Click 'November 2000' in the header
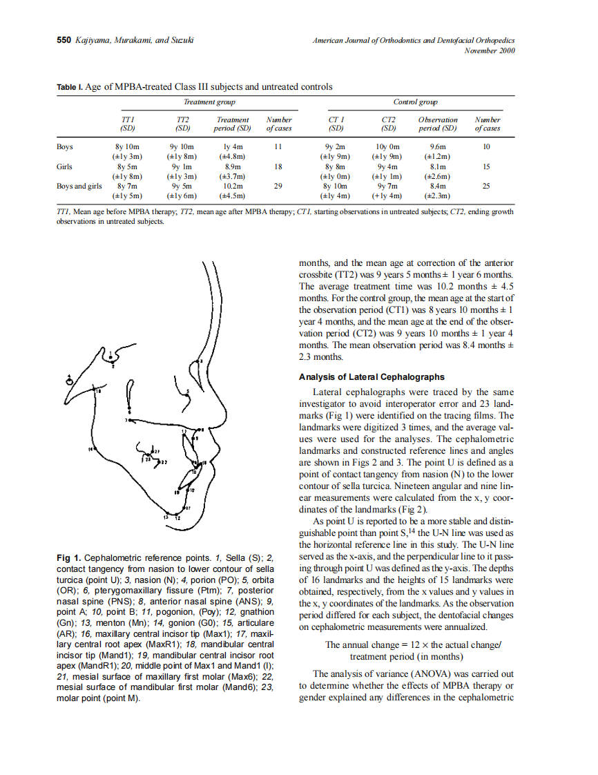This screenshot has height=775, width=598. coord(490,50)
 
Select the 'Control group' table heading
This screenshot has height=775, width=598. coord(414,102)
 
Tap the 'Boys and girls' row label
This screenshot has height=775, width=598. coord(79,186)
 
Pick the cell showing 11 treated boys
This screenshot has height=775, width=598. coord(278,147)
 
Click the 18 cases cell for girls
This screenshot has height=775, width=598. coord(278,166)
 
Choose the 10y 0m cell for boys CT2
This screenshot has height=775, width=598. coord(388,147)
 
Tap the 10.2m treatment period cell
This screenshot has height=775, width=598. coord(232,186)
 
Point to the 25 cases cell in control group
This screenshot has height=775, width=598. coord(486,186)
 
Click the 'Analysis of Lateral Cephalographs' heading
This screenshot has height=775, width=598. coord(372,377)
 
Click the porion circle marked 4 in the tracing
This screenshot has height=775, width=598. coord(69,380)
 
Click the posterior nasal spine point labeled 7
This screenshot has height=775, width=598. coord(130,419)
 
